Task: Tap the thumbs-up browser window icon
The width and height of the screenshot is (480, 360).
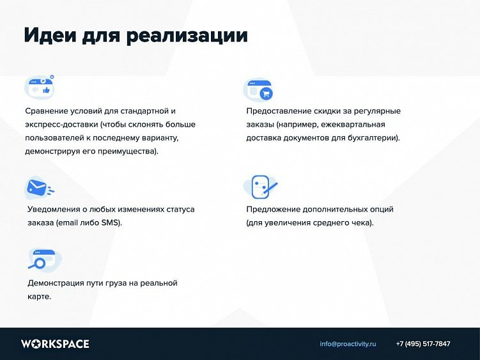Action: tap(40, 86)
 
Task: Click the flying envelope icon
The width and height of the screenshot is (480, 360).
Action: tap(40, 187)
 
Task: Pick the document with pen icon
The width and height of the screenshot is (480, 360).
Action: tap(260, 187)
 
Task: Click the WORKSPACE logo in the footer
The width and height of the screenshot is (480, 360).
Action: tap(55, 344)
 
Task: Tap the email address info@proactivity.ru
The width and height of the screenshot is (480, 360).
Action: tap(348, 344)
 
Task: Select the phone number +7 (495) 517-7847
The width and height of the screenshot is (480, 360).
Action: tap(423, 344)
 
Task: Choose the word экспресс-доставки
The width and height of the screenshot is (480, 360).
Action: tap(61, 125)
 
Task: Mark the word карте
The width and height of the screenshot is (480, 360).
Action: tap(39, 297)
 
